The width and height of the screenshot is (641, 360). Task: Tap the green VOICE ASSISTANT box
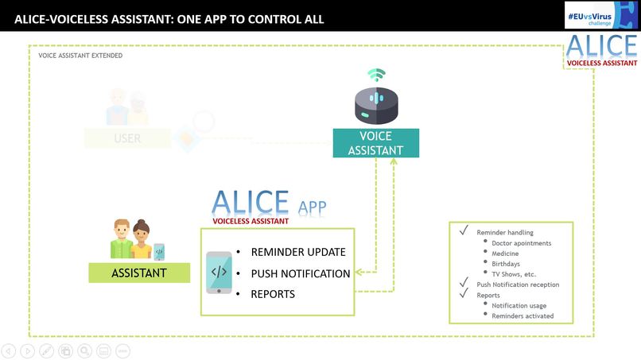pos(375,143)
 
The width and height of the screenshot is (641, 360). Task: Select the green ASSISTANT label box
pos(139,273)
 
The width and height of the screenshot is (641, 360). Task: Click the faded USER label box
pos(127,138)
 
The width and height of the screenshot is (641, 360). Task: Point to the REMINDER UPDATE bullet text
pos(298,252)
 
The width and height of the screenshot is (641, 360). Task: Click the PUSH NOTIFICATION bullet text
pos(301,273)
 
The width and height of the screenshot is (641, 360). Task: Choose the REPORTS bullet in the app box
pos(273,294)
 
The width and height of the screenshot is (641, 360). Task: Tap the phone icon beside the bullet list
pos(219,273)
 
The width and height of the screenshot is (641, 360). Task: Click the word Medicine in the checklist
pos(505,254)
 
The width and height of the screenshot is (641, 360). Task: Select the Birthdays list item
pos(507,264)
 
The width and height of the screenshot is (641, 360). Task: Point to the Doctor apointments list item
pos(521,243)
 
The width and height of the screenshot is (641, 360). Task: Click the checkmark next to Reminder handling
pos(463,231)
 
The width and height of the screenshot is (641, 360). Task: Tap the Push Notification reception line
pos(518,285)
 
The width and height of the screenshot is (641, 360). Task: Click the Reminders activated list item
pos(523,315)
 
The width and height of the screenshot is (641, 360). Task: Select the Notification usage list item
pos(519,305)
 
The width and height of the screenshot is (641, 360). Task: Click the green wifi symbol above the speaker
pos(375,75)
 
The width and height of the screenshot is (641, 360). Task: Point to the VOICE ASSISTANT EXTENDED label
pos(80,56)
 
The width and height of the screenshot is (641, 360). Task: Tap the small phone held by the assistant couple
pos(159,251)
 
